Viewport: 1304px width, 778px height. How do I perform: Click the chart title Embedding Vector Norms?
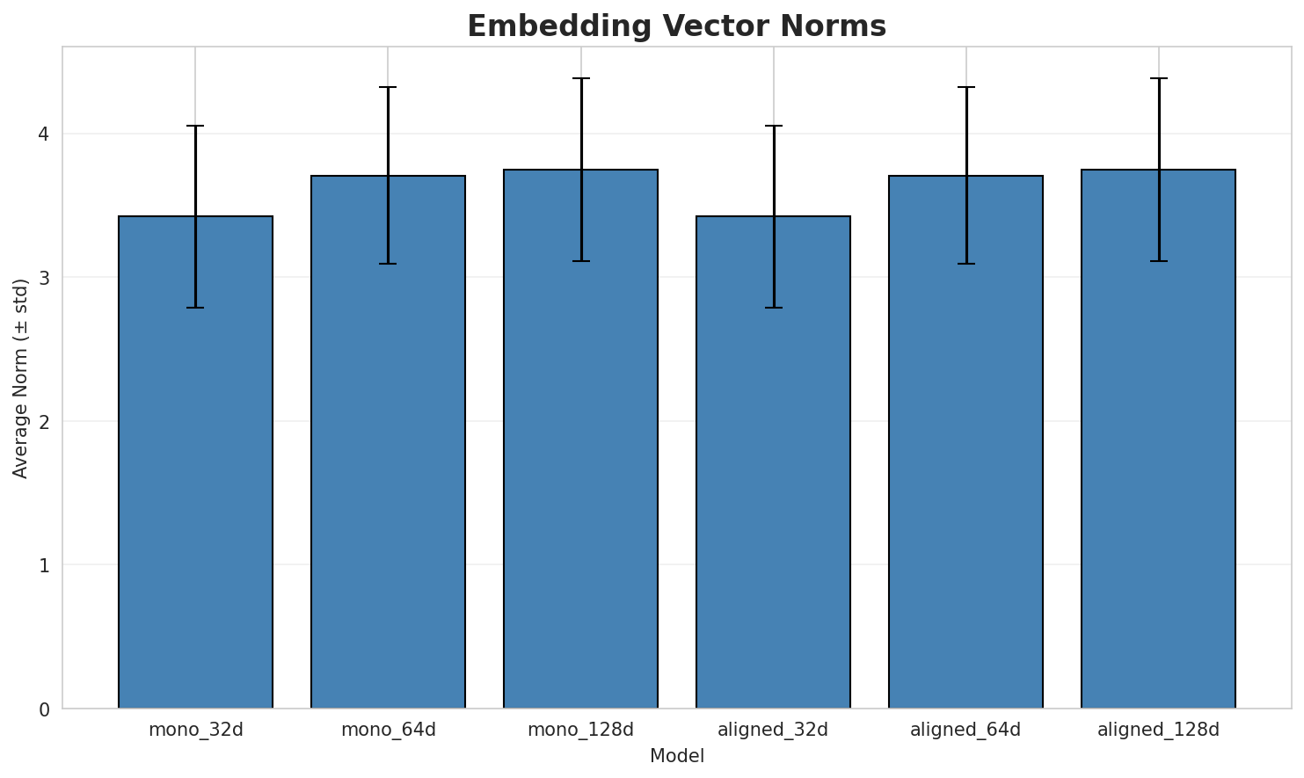(x=676, y=26)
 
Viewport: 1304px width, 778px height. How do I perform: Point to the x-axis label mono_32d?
(x=195, y=730)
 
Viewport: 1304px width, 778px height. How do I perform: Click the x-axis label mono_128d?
(x=580, y=730)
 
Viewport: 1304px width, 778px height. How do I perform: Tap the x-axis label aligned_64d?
(x=965, y=730)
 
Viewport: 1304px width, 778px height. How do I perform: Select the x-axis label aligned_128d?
(x=1158, y=730)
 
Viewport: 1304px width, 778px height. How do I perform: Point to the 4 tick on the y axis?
(x=43, y=134)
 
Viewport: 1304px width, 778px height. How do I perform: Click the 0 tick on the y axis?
(x=43, y=709)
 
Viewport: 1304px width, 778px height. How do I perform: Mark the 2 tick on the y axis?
(x=43, y=421)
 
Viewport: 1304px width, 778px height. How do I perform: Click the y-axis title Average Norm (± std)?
(x=21, y=378)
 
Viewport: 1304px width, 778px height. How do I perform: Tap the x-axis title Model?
(x=676, y=756)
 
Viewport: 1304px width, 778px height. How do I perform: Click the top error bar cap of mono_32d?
(x=195, y=127)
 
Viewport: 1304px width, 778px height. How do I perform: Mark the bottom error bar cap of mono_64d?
(x=388, y=264)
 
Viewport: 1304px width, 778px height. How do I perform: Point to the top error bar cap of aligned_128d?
(x=1158, y=79)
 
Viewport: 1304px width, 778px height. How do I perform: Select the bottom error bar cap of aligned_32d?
(x=773, y=308)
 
